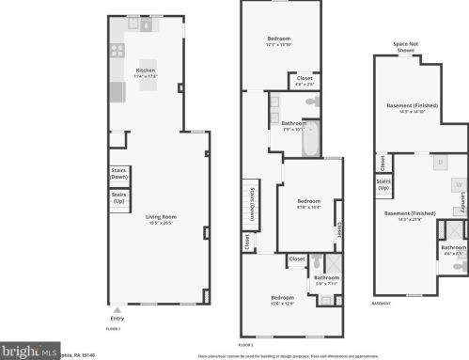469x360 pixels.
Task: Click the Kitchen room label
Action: pos(146,70)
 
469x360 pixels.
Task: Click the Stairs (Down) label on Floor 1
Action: pos(118,173)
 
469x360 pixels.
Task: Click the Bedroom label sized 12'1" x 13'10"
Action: pos(279,40)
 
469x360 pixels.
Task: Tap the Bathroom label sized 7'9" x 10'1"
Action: pos(292,125)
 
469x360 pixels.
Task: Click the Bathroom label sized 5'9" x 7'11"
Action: pos(326,279)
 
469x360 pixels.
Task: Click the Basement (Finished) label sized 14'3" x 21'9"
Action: pos(410,215)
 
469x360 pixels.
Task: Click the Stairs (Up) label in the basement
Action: pos(383,185)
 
